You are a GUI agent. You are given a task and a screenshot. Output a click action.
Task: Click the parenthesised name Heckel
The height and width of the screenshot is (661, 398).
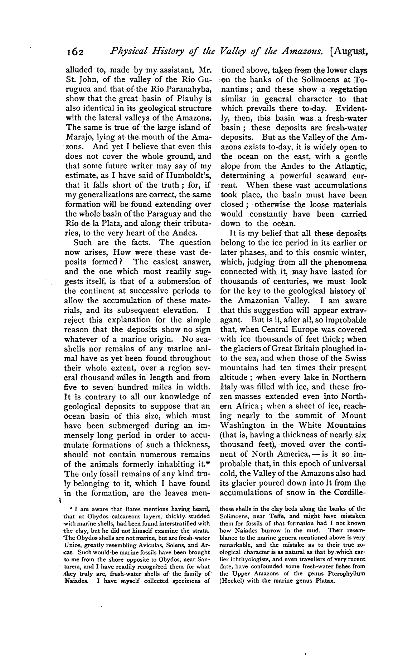231,581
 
